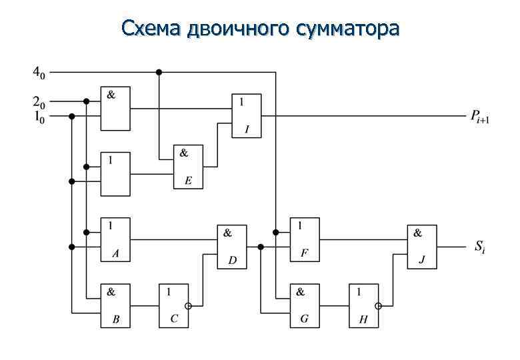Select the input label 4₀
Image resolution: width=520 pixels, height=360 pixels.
[38, 71]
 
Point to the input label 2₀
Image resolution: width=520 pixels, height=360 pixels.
[39, 102]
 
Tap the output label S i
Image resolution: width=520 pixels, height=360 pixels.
[481, 247]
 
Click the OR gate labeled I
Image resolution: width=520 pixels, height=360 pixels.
[247, 115]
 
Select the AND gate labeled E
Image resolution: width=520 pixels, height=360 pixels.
[188, 167]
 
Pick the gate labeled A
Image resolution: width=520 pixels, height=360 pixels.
[115, 239]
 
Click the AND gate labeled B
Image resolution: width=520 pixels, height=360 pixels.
[115, 305]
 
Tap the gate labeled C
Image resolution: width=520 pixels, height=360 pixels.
[173, 305]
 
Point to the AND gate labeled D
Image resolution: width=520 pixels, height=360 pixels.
[232, 247]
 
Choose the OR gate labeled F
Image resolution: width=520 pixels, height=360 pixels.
[304, 239]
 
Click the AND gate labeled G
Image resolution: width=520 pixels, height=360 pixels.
[304, 305]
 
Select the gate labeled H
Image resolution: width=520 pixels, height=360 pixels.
[363, 305]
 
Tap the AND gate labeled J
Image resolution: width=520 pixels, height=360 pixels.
[422, 247]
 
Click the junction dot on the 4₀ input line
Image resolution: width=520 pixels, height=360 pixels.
[159, 71]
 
